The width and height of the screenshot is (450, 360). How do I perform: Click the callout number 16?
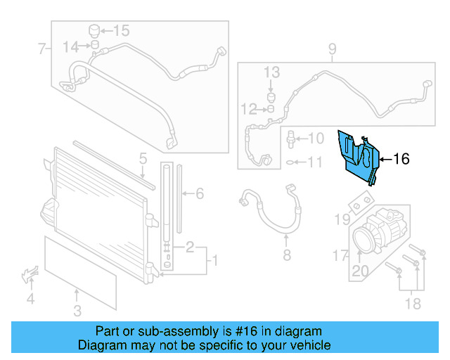401,160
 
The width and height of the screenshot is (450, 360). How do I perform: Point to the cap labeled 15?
93,31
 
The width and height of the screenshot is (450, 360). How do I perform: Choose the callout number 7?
41,49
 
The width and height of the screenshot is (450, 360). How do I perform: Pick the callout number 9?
333,49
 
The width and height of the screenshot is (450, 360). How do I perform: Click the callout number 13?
272,72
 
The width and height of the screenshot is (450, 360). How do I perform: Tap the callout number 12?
248,109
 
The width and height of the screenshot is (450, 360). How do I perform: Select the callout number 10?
316,139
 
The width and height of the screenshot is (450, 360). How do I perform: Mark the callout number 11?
316,163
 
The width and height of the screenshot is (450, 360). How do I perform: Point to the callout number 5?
142,158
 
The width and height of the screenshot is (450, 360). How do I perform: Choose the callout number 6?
199,193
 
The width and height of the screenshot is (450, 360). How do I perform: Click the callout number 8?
286,255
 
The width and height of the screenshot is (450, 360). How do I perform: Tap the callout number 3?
77,311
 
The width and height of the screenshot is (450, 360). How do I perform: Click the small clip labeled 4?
30,274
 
